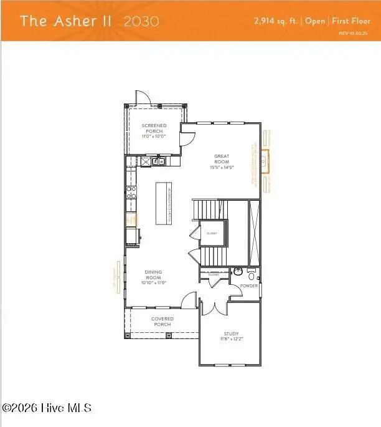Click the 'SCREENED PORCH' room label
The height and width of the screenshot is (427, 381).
[154, 130]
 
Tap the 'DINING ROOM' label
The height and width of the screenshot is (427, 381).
[154, 276]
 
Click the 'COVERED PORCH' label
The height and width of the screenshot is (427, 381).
[163, 322]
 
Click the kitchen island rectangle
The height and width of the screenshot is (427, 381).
[164, 203]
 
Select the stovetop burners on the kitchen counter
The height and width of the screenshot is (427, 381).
[131, 193]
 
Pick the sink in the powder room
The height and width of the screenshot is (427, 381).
[237, 272]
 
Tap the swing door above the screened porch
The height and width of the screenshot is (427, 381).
[141, 97]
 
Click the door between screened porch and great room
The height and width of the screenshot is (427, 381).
[186, 138]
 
